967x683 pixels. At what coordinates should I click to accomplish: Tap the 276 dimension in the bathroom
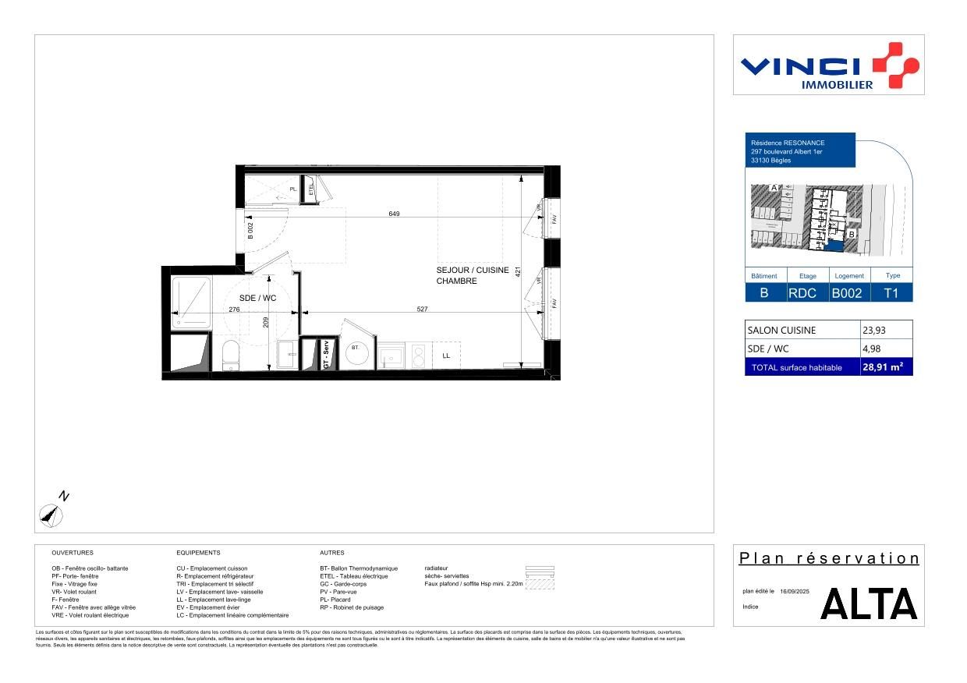click(233, 310)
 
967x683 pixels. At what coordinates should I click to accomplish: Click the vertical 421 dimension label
click(516, 274)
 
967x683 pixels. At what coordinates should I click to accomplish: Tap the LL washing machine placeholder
click(445, 356)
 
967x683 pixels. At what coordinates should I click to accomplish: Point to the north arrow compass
click(52, 511)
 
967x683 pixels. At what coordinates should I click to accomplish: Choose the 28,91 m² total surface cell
click(886, 367)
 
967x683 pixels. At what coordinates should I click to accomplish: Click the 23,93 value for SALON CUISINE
click(873, 330)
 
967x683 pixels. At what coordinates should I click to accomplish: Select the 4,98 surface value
click(871, 349)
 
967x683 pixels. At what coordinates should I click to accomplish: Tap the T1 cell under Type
click(892, 293)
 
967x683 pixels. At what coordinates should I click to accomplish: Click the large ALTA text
click(869, 604)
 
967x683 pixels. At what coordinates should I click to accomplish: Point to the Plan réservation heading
click(829, 558)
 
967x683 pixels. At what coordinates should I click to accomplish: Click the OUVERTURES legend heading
click(72, 552)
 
